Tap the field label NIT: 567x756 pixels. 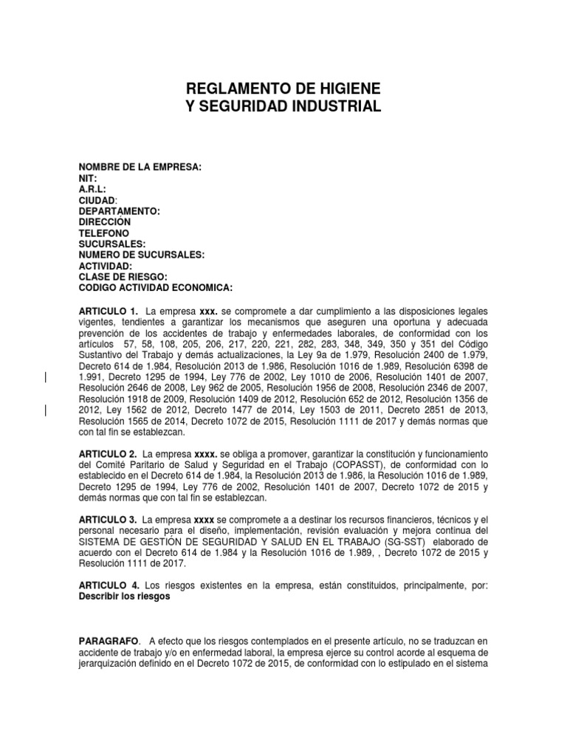click(87, 179)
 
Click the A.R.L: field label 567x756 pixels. click(92, 190)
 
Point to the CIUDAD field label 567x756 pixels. click(97, 200)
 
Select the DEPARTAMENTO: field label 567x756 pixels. click(119, 211)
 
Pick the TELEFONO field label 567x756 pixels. click(103, 233)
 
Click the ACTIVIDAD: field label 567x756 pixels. click(106, 264)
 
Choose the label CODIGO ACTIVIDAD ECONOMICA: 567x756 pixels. click(155, 286)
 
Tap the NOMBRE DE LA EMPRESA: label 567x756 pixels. click(140, 168)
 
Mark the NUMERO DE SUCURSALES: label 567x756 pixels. click(141, 254)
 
